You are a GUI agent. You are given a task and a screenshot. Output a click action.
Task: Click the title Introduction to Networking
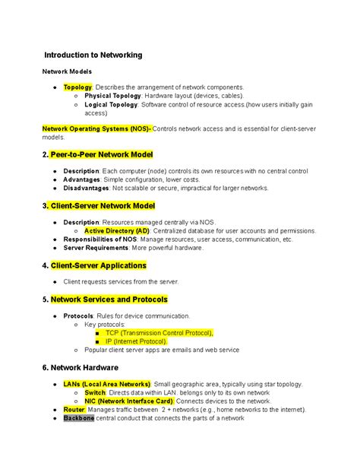point(93,55)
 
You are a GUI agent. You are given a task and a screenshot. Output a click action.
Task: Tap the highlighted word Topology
point(77,88)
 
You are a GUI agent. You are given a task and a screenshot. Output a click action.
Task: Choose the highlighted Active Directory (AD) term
point(117,230)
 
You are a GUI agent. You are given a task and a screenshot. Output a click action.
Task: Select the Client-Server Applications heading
point(98,265)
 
